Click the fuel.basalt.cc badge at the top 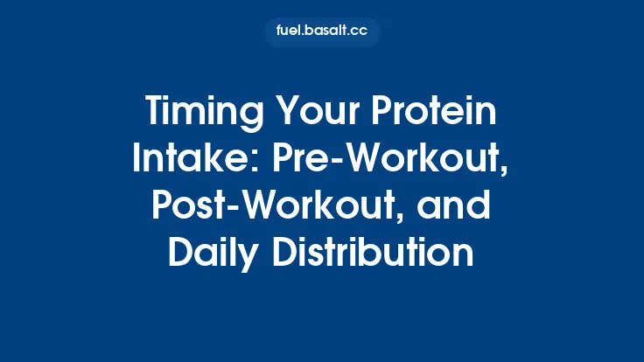(322, 31)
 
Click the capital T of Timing (154, 115)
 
